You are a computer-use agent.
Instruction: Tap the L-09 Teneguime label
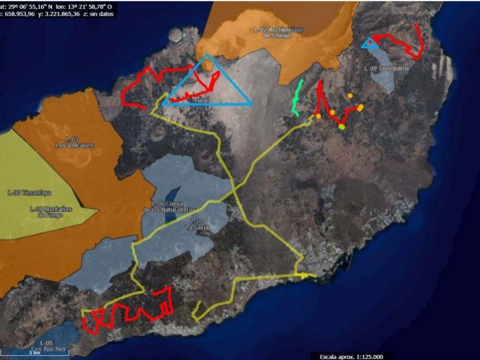[379, 69]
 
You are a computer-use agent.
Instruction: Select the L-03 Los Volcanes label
[74, 142]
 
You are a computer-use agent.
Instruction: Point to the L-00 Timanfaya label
[25, 193]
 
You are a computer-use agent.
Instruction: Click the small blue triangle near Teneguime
[370, 43]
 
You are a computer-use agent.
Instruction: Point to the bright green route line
[297, 98]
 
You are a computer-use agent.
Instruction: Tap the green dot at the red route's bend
[341, 127]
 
